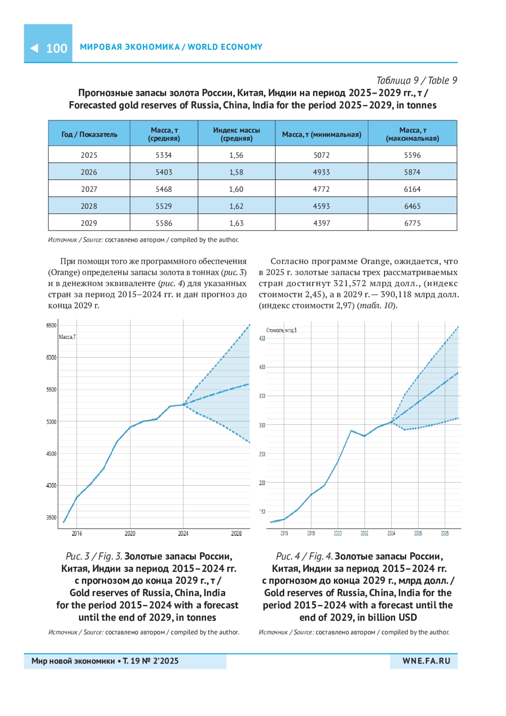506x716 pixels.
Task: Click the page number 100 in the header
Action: (x=57, y=48)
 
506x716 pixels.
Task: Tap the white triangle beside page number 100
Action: (x=34, y=48)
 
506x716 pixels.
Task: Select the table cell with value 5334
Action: (x=164, y=155)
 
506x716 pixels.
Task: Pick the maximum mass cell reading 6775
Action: (x=412, y=223)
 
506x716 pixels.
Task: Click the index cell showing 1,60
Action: (x=236, y=189)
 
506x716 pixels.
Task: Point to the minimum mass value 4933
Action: (x=321, y=172)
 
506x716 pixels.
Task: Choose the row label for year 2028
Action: (x=89, y=206)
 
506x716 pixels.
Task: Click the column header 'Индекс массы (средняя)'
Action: (x=236, y=134)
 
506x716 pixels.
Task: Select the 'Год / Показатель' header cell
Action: (x=89, y=134)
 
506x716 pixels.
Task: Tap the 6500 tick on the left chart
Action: (x=51, y=325)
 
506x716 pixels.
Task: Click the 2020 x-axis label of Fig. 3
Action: (x=130, y=534)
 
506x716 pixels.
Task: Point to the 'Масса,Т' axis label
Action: (x=67, y=337)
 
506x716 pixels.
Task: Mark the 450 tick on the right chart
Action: (x=262, y=338)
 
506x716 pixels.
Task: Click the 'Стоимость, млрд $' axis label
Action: (x=281, y=330)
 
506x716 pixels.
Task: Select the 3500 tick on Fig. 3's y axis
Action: (x=51, y=517)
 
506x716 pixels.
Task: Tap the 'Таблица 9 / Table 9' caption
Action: (x=416, y=80)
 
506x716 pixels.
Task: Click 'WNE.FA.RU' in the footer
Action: (x=426, y=661)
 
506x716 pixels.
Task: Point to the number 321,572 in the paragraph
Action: (x=350, y=283)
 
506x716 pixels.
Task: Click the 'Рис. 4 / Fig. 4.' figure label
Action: (x=304, y=556)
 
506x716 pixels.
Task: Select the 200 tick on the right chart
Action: (x=262, y=483)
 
